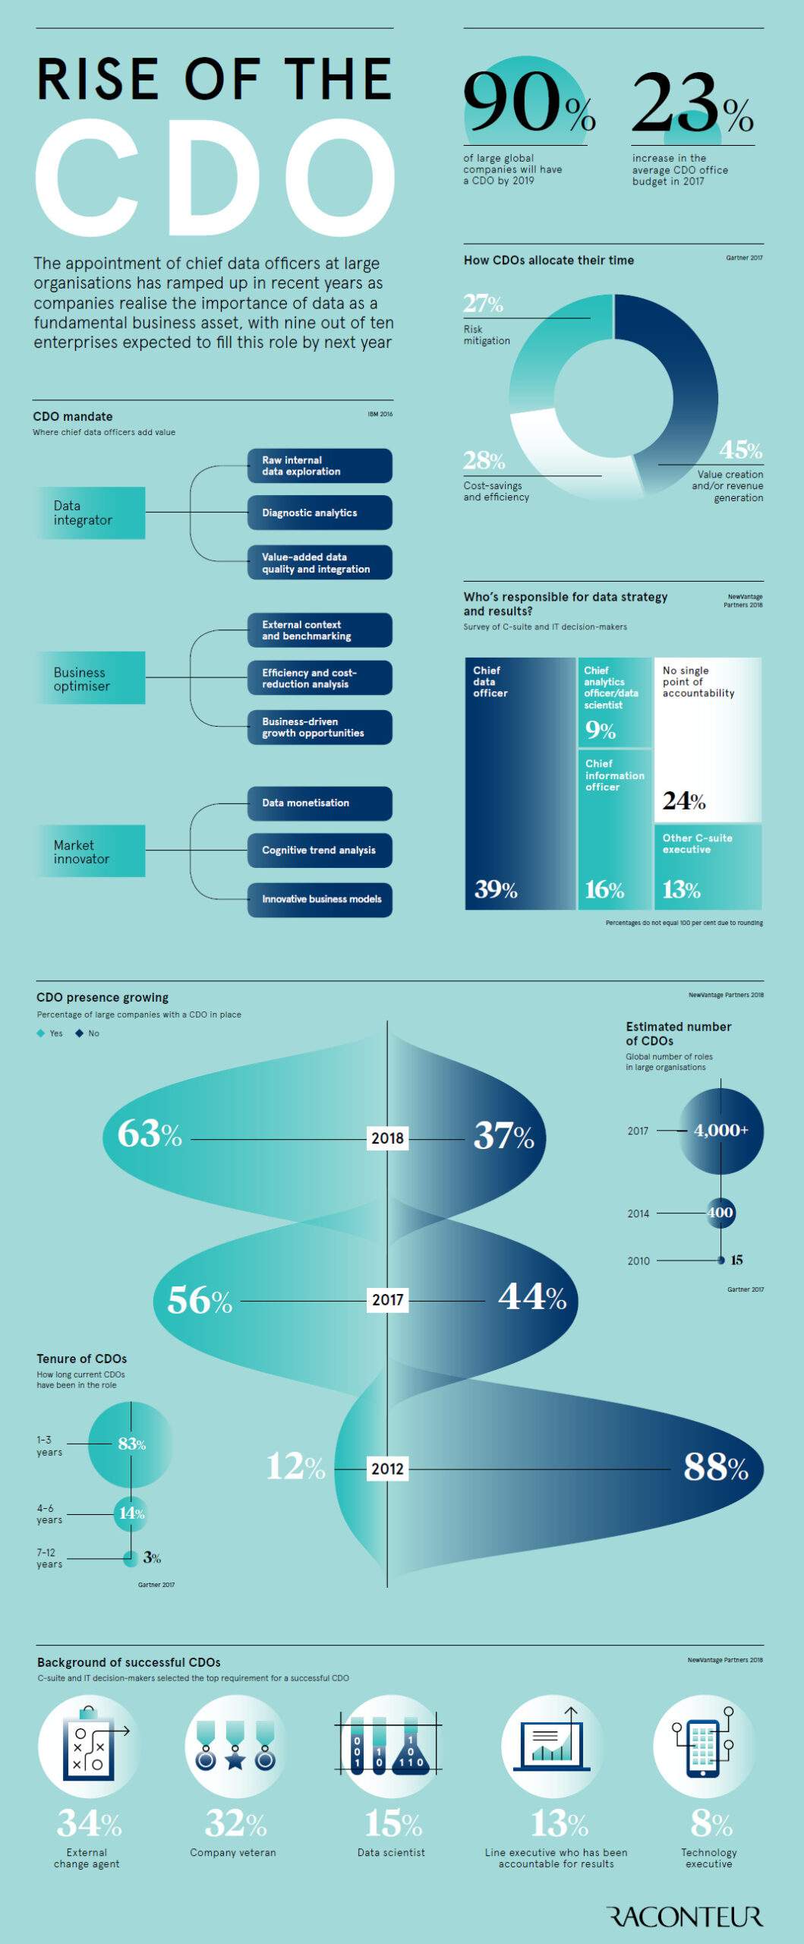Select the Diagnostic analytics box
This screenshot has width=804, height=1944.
[x=320, y=513]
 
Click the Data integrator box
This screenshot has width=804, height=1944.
[x=90, y=513]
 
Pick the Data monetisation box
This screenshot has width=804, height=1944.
[x=320, y=803]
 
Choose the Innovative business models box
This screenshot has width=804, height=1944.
[x=320, y=899]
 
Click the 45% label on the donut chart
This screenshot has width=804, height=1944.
[x=740, y=450]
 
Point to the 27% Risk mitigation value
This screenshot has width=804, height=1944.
[x=484, y=304]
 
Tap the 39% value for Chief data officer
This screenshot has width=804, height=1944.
[x=496, y=889]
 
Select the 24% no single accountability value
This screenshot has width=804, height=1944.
[x=683, y=800]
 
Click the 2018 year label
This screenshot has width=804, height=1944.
[x=387, y=1138]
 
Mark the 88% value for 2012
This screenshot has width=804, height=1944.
[x=715, y=1467]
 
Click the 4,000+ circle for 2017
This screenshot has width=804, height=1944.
[x=720, y=1130]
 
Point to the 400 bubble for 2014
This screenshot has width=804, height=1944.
[x=720, y=1213]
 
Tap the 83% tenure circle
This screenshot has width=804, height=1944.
[x=131, y=1444]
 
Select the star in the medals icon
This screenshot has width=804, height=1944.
[x=235, y=1760]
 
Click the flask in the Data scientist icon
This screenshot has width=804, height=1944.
[x=411, y=1753]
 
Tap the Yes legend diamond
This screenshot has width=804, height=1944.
[x=41, y=1033]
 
